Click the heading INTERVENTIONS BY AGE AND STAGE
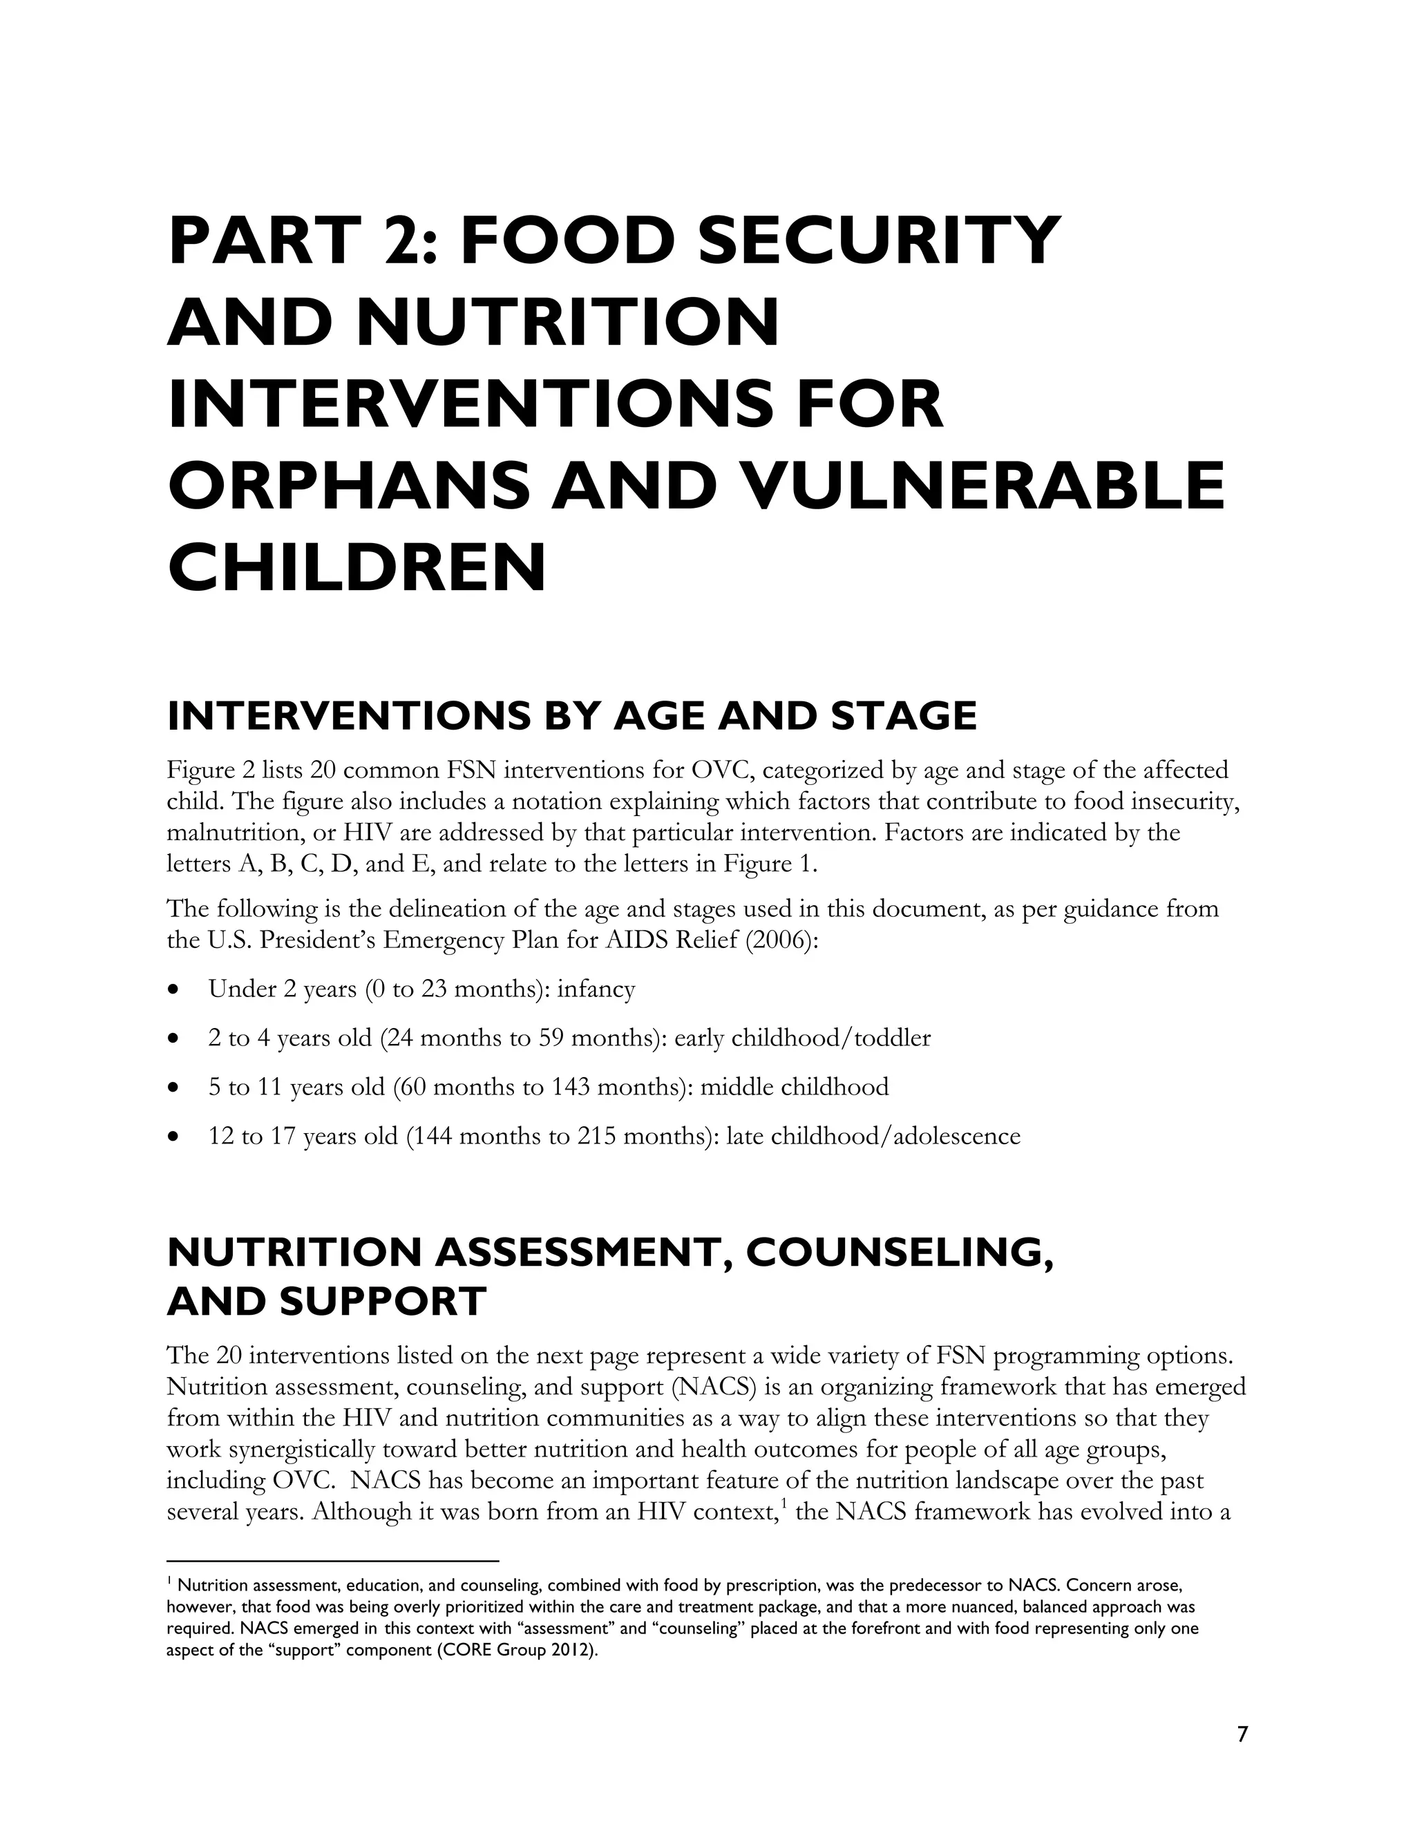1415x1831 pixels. pyautogui.click(x=571, y=716)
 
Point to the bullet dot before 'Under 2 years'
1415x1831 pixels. pyautogui.click(x=173, y=990)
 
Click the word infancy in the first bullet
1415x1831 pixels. pyautogui.click(x=596, y=989)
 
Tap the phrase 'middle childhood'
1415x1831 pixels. pyautogui.click(x=794, y=1088)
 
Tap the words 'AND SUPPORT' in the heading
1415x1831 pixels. pyautogui.click(x=327, y=1302)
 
